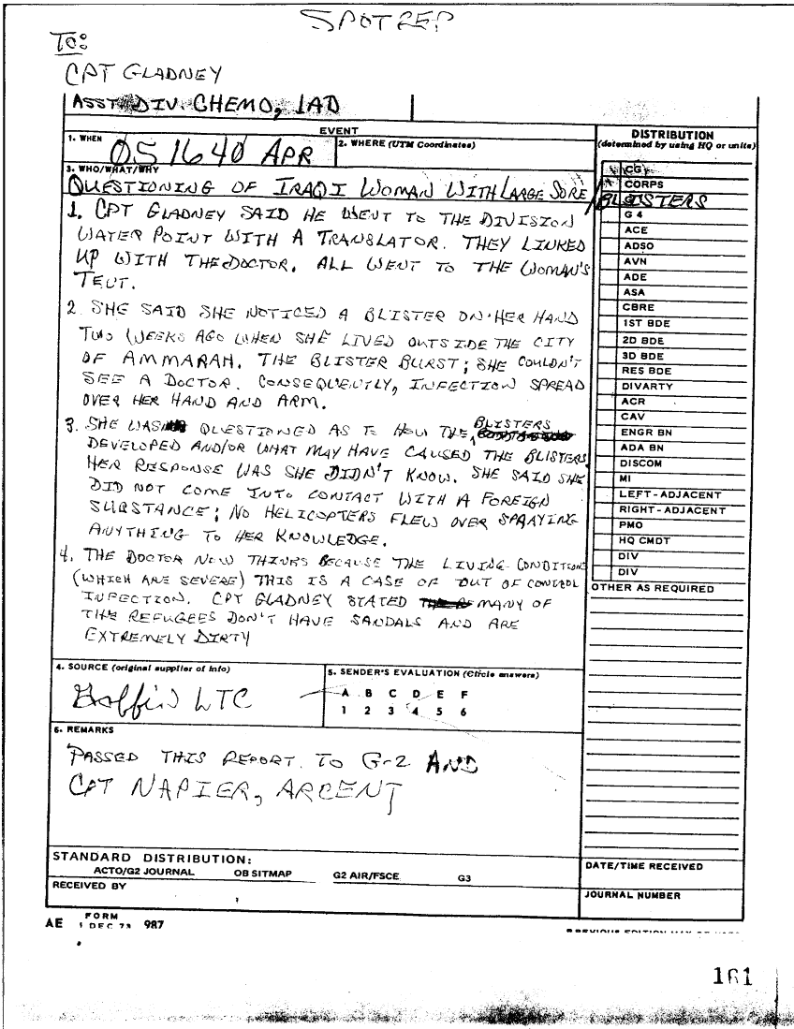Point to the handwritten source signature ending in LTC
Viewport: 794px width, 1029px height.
154,698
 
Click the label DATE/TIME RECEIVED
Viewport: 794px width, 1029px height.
644,866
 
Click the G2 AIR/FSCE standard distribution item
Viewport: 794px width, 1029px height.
365,877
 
